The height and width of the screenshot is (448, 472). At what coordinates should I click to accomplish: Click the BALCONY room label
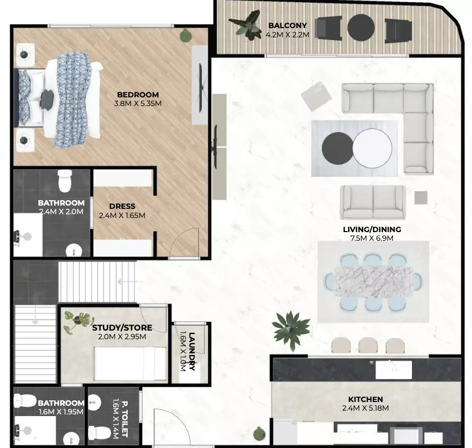coord(287,25)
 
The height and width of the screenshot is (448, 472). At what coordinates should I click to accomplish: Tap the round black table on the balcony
coord(361,28)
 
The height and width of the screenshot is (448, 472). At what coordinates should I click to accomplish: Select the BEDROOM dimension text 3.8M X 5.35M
coord(138,103)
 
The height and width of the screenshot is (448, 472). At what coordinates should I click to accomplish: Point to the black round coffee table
coord(337,148)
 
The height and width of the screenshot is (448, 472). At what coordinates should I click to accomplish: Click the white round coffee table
coord(372,148)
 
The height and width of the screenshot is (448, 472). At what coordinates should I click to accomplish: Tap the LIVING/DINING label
coord(372,229)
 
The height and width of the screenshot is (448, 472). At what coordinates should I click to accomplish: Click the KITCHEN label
coord(365,399)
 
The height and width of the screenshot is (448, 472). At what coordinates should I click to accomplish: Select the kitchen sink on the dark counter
coord(394,370)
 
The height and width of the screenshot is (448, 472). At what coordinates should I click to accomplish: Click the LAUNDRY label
coord(192,351)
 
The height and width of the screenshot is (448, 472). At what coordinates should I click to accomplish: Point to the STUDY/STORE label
coord(122,328)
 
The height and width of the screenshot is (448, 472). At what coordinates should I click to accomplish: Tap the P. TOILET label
coord(124,419)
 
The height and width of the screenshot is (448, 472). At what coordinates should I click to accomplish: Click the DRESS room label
coord(122,206)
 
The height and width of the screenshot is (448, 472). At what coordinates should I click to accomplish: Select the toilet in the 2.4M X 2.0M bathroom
coord(65,181)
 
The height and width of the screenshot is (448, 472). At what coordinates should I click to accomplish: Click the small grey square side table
coord(421,197)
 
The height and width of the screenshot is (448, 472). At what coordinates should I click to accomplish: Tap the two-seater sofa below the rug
coord(372,202)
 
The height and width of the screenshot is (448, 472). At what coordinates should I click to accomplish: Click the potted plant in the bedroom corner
coord(186,36)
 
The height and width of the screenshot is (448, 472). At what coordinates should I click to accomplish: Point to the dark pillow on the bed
coord(47,97)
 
